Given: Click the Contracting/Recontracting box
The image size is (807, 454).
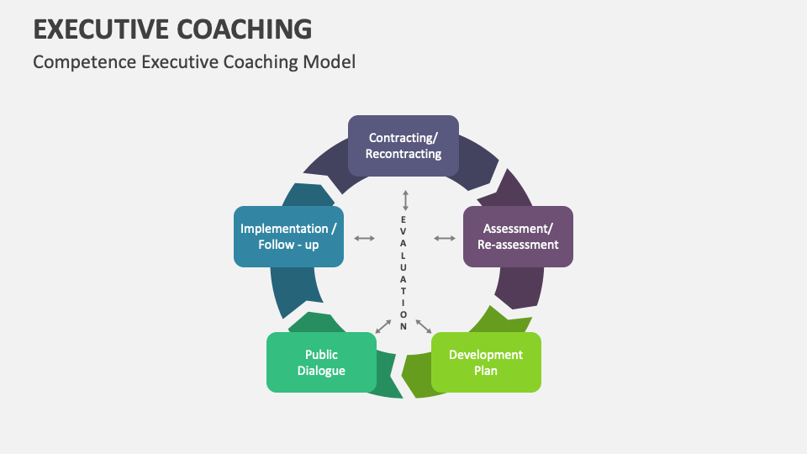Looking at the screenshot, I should click(403, 145).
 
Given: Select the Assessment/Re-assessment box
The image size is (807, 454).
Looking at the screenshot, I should click(518, 236).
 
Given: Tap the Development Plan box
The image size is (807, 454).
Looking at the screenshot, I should click(486, 362).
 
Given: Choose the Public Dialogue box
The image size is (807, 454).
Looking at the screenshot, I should click(321, 362).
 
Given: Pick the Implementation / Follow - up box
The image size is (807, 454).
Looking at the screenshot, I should click(288, 236).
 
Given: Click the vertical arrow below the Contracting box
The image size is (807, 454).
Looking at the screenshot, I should click(404, 200).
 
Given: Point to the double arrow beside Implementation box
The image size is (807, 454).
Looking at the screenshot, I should click(364, 238).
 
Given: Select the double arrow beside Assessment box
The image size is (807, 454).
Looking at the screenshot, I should click(444, 238).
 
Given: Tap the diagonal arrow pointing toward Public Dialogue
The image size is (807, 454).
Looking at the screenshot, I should click(383, 326).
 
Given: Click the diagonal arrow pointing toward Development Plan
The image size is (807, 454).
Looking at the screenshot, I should click(424, 325).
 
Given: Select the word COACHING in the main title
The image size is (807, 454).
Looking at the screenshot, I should click(244, 29).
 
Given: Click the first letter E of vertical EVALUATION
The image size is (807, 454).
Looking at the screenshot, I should click(403, 219).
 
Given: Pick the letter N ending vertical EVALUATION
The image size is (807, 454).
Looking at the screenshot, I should click(403, 325).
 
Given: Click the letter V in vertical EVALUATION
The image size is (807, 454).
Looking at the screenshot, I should click(403, 231).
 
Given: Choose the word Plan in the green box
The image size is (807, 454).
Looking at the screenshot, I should click(486, 371).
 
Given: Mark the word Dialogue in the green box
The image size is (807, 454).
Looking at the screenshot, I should click(321, 371).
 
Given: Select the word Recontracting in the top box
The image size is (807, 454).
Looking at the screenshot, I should click(403, 154).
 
